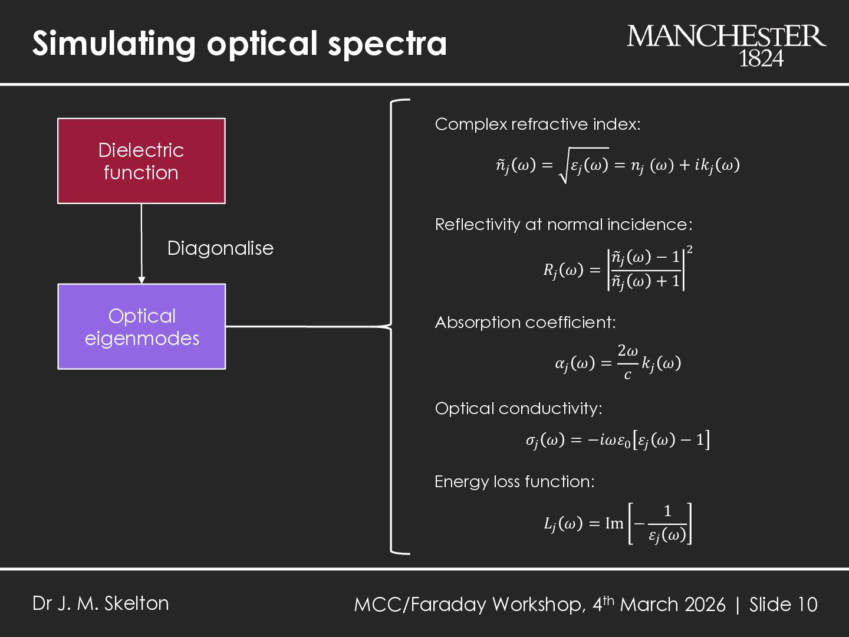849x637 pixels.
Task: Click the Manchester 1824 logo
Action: [x=726, y=45]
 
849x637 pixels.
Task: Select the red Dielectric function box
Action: [x=141, y=161]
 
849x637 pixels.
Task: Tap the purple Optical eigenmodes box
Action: [x=141, y=327]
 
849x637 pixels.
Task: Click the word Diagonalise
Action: [x=221, y=248]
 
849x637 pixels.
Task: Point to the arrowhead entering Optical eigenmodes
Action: [x=141, y=280]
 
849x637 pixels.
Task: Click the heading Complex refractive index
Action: [x=537, y=124]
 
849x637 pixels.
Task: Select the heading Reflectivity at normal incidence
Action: [x=563, y=225]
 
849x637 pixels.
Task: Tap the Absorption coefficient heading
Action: [x=525, y=323]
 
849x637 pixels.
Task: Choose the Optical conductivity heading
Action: [x=518, y=409]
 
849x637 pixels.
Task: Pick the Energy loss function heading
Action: [x=514, y=482]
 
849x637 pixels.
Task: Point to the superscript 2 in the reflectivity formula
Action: [x=690, y=251]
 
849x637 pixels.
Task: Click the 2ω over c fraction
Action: [x=627, y=362]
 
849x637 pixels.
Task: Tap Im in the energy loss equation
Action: [x=614, y=523]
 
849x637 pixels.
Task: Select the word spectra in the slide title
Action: [x=387, y=44]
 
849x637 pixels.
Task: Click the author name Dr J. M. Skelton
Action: [x=101, y=603]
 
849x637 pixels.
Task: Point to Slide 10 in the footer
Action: [x=783, y=605]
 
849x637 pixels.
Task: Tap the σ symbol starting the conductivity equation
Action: [x=531, y=441]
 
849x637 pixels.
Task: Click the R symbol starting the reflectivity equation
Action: [x=549, y=271]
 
